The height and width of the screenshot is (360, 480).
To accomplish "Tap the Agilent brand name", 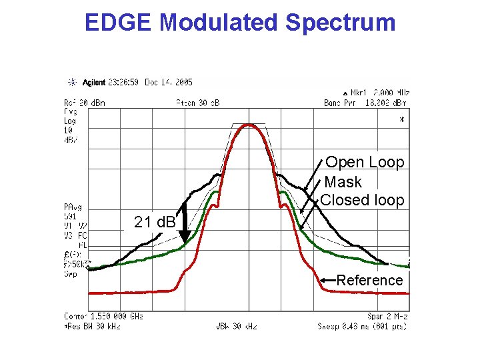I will (x=94, y=83).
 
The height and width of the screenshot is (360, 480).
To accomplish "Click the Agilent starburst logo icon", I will (x=72, y=83).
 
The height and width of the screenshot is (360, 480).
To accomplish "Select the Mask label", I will (x=343, y=182).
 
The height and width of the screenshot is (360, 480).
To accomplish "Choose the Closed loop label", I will (x=363, y=200).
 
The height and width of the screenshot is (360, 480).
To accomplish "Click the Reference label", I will (x=369, y=280).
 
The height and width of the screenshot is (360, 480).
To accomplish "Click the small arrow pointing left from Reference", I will (x=327, y=280).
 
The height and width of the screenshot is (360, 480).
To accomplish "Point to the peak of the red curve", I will (x=249, y=125).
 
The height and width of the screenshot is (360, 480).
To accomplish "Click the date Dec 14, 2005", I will (x=170, y=83).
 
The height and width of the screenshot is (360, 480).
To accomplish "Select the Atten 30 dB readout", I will (x=197, y=103).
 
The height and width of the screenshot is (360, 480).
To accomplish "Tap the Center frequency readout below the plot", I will (x=103, y=315).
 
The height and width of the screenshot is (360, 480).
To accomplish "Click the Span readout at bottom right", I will (x=387, y=315).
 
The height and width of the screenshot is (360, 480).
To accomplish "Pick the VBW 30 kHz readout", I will (x=236, y=326).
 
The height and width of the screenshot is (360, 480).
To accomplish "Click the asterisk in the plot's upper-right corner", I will (x=401, y=121).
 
